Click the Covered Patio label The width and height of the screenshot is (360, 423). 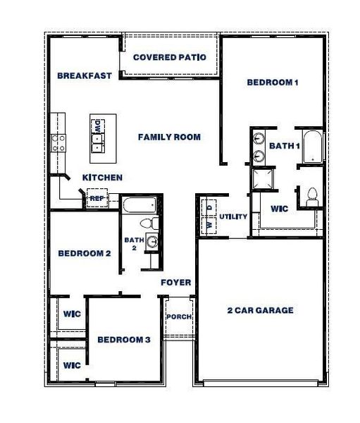coord(169,57)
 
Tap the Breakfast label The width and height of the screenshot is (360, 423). coord(85,75)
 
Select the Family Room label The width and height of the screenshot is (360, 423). coord(169,137)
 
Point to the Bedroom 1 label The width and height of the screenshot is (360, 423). coord(273,82)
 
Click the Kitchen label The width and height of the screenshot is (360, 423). coord(103,178)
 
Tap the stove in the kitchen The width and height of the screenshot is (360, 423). coord(58,144)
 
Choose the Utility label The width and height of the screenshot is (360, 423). coord(233,216)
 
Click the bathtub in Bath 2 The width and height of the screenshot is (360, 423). coord(138,206)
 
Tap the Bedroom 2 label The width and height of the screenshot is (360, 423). coord(84,253)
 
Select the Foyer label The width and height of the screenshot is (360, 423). coord(175,283)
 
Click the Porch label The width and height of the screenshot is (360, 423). coord(178,317)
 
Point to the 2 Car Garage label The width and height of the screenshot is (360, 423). coord(260,310)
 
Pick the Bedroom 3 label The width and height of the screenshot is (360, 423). coord(124,340)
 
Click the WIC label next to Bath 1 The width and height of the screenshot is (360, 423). coord(280,209)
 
